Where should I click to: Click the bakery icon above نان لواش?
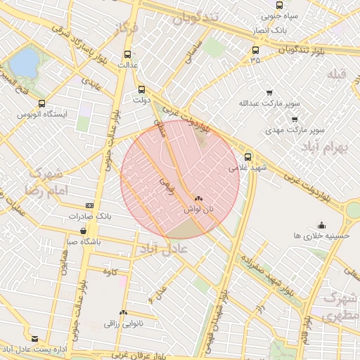click(198, 199)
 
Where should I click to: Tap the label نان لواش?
click(198, 210)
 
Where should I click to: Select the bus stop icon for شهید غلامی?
click(247, 157)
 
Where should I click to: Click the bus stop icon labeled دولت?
click(142, 89)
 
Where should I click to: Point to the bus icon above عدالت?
click(127, 54)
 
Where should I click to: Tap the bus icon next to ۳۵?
click(255, 50)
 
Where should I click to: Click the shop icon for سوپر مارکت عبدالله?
click(269, 93)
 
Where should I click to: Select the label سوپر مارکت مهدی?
click(294, 130)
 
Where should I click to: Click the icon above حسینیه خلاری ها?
click(321, 225)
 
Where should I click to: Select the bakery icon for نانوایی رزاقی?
click(124, 313)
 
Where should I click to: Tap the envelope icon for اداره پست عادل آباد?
click(35, 338)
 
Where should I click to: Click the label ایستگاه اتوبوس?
click(41, 114)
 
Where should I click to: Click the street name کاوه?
click(108, 271)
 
